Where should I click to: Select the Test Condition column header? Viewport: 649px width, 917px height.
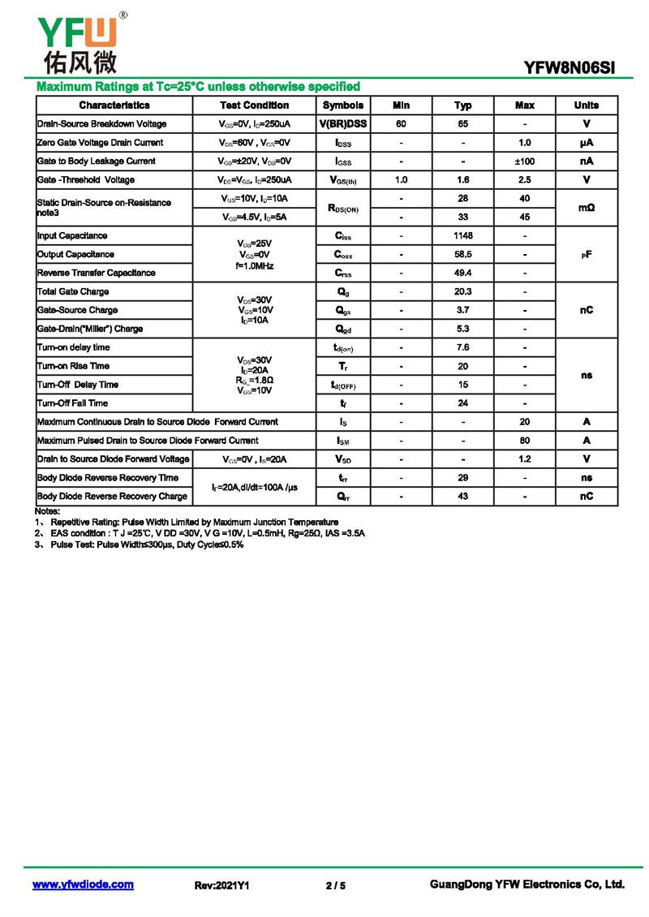254,105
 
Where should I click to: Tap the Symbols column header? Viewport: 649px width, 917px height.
343,105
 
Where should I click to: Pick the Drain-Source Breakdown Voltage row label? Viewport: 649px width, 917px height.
101,124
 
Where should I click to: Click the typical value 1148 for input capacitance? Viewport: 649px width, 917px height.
463,236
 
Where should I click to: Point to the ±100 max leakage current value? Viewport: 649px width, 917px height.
525,161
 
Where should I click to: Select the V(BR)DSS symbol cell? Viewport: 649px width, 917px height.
343,124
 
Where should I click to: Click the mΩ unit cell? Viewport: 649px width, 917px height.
587,209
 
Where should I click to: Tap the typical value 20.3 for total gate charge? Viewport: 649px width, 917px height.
463,292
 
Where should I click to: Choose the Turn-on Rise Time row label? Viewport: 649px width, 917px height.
73,366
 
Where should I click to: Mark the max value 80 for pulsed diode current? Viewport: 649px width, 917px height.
525,441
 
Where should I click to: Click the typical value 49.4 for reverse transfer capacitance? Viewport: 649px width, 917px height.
463,273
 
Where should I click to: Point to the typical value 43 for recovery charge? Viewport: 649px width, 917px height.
463,497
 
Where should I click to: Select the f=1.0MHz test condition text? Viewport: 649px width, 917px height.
255,266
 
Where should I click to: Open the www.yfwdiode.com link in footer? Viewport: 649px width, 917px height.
83,885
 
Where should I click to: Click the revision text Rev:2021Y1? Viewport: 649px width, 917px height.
221,885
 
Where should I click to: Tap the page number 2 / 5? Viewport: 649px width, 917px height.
335,885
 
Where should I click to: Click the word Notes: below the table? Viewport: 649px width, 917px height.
47,511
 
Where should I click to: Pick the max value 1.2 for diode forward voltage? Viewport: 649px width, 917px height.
525,459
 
